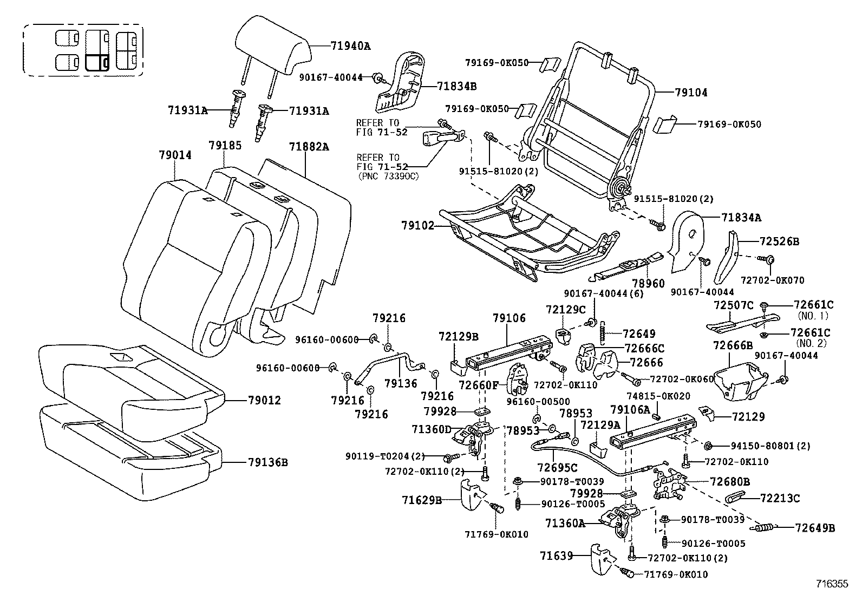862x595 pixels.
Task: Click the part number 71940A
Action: tap(350, 46)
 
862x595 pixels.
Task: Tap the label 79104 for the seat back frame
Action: tap(691, 93)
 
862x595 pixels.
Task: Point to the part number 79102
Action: tap(418, 225)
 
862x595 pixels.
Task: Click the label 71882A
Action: tap(309, 147)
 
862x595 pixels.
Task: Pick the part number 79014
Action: tap(175, 155)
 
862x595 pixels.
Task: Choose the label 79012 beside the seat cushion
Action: tap(265, 401)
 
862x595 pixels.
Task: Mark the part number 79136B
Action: tap(268, 462)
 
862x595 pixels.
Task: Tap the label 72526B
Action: tap(780, 241)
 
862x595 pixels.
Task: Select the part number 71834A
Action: tap(741, 218)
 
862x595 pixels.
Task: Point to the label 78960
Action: tap(648, 283)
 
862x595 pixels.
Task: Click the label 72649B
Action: tap(815, 528)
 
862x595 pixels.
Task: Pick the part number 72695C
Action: tap(558, 467)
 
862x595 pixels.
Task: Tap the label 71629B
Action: tap(422, 500)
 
